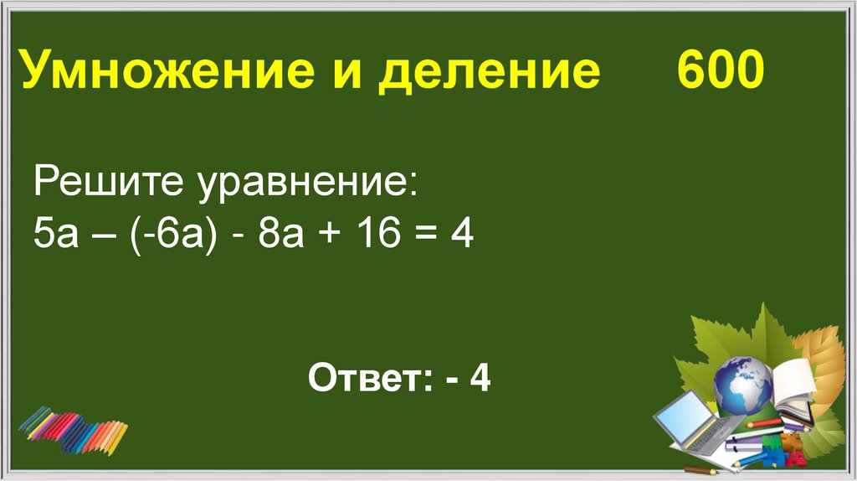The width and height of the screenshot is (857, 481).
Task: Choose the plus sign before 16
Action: click(x=328, y=236)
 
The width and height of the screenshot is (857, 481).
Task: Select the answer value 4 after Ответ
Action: click(x=480, y=379)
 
